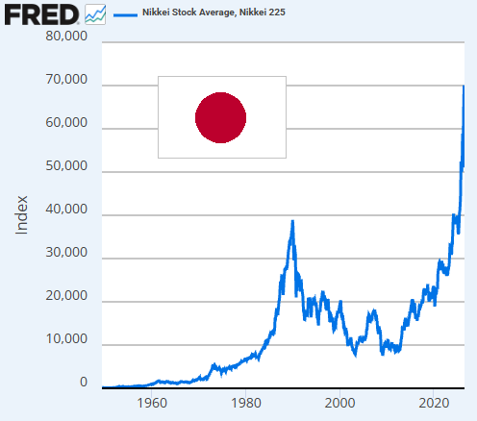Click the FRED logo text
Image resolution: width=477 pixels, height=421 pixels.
coord(41,14)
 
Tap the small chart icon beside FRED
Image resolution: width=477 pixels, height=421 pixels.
coord(95,14)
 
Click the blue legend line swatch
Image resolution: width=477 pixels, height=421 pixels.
coord(125,14)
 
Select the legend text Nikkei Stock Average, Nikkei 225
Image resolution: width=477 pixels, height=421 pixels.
coord(213,12)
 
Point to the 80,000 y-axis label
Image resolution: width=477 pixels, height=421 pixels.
coord(66,36)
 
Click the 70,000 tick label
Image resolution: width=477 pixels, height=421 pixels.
coord(66,79)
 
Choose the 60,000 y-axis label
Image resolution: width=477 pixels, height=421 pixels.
coord(66,122)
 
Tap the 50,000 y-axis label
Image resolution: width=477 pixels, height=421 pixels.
coord(66,165)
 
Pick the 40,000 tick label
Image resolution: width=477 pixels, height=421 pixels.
coord(66,209)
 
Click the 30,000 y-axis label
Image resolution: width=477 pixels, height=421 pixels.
coord(66,252)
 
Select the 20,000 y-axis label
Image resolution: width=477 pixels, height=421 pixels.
coord(66,295)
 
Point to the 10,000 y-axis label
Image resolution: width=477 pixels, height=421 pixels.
coord(66,338)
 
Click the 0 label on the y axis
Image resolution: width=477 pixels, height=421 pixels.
coord(84,382)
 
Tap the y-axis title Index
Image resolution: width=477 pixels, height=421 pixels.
coord(21,215)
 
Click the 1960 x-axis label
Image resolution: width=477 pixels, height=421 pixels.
coord(152,403)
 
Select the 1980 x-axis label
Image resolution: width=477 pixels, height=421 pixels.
coord(246,403)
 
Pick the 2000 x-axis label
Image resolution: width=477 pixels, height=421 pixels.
coord(339,403)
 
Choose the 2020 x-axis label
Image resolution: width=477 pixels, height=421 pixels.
coord(434,403)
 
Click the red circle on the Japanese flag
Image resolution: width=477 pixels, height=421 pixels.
coord(220,117)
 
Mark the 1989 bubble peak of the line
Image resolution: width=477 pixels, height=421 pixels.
coord(292,221)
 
